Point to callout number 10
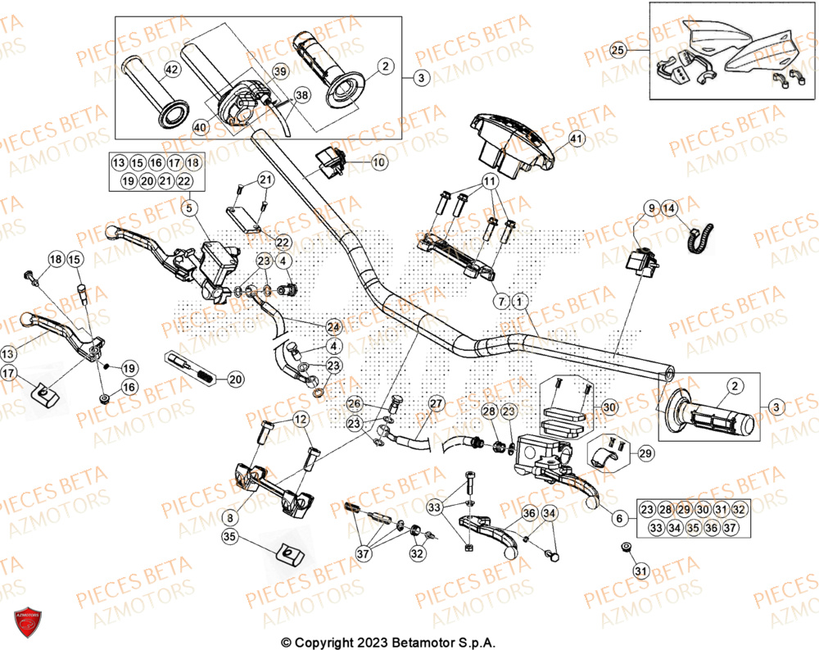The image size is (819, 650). coord(378,163)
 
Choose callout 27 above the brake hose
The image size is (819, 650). coord(435,403)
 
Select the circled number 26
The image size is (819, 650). coord(353,403)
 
